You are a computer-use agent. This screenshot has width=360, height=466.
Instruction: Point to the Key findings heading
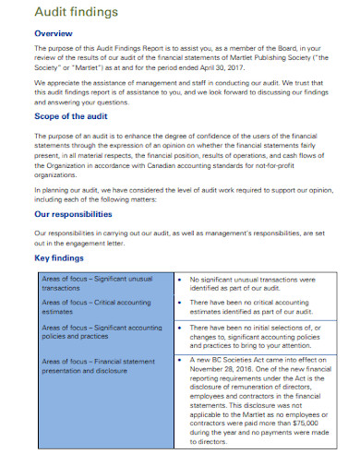(x=61, y=259)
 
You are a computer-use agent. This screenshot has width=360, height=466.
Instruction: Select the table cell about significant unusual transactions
(x=102, y=282)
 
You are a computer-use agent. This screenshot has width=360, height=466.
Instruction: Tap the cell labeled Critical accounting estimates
(x=102, y=306)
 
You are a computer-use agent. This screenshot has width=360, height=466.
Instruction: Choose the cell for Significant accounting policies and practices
(x=102, y=332)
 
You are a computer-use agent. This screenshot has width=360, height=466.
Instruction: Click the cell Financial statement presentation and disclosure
(x=102, y=366)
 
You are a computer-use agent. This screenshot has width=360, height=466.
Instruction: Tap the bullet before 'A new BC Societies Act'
(x=179, y=360)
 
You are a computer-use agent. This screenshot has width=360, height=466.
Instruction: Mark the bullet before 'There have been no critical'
(x=179, y=303)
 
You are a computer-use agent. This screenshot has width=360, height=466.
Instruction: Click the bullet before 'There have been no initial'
(x=179, y=327)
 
